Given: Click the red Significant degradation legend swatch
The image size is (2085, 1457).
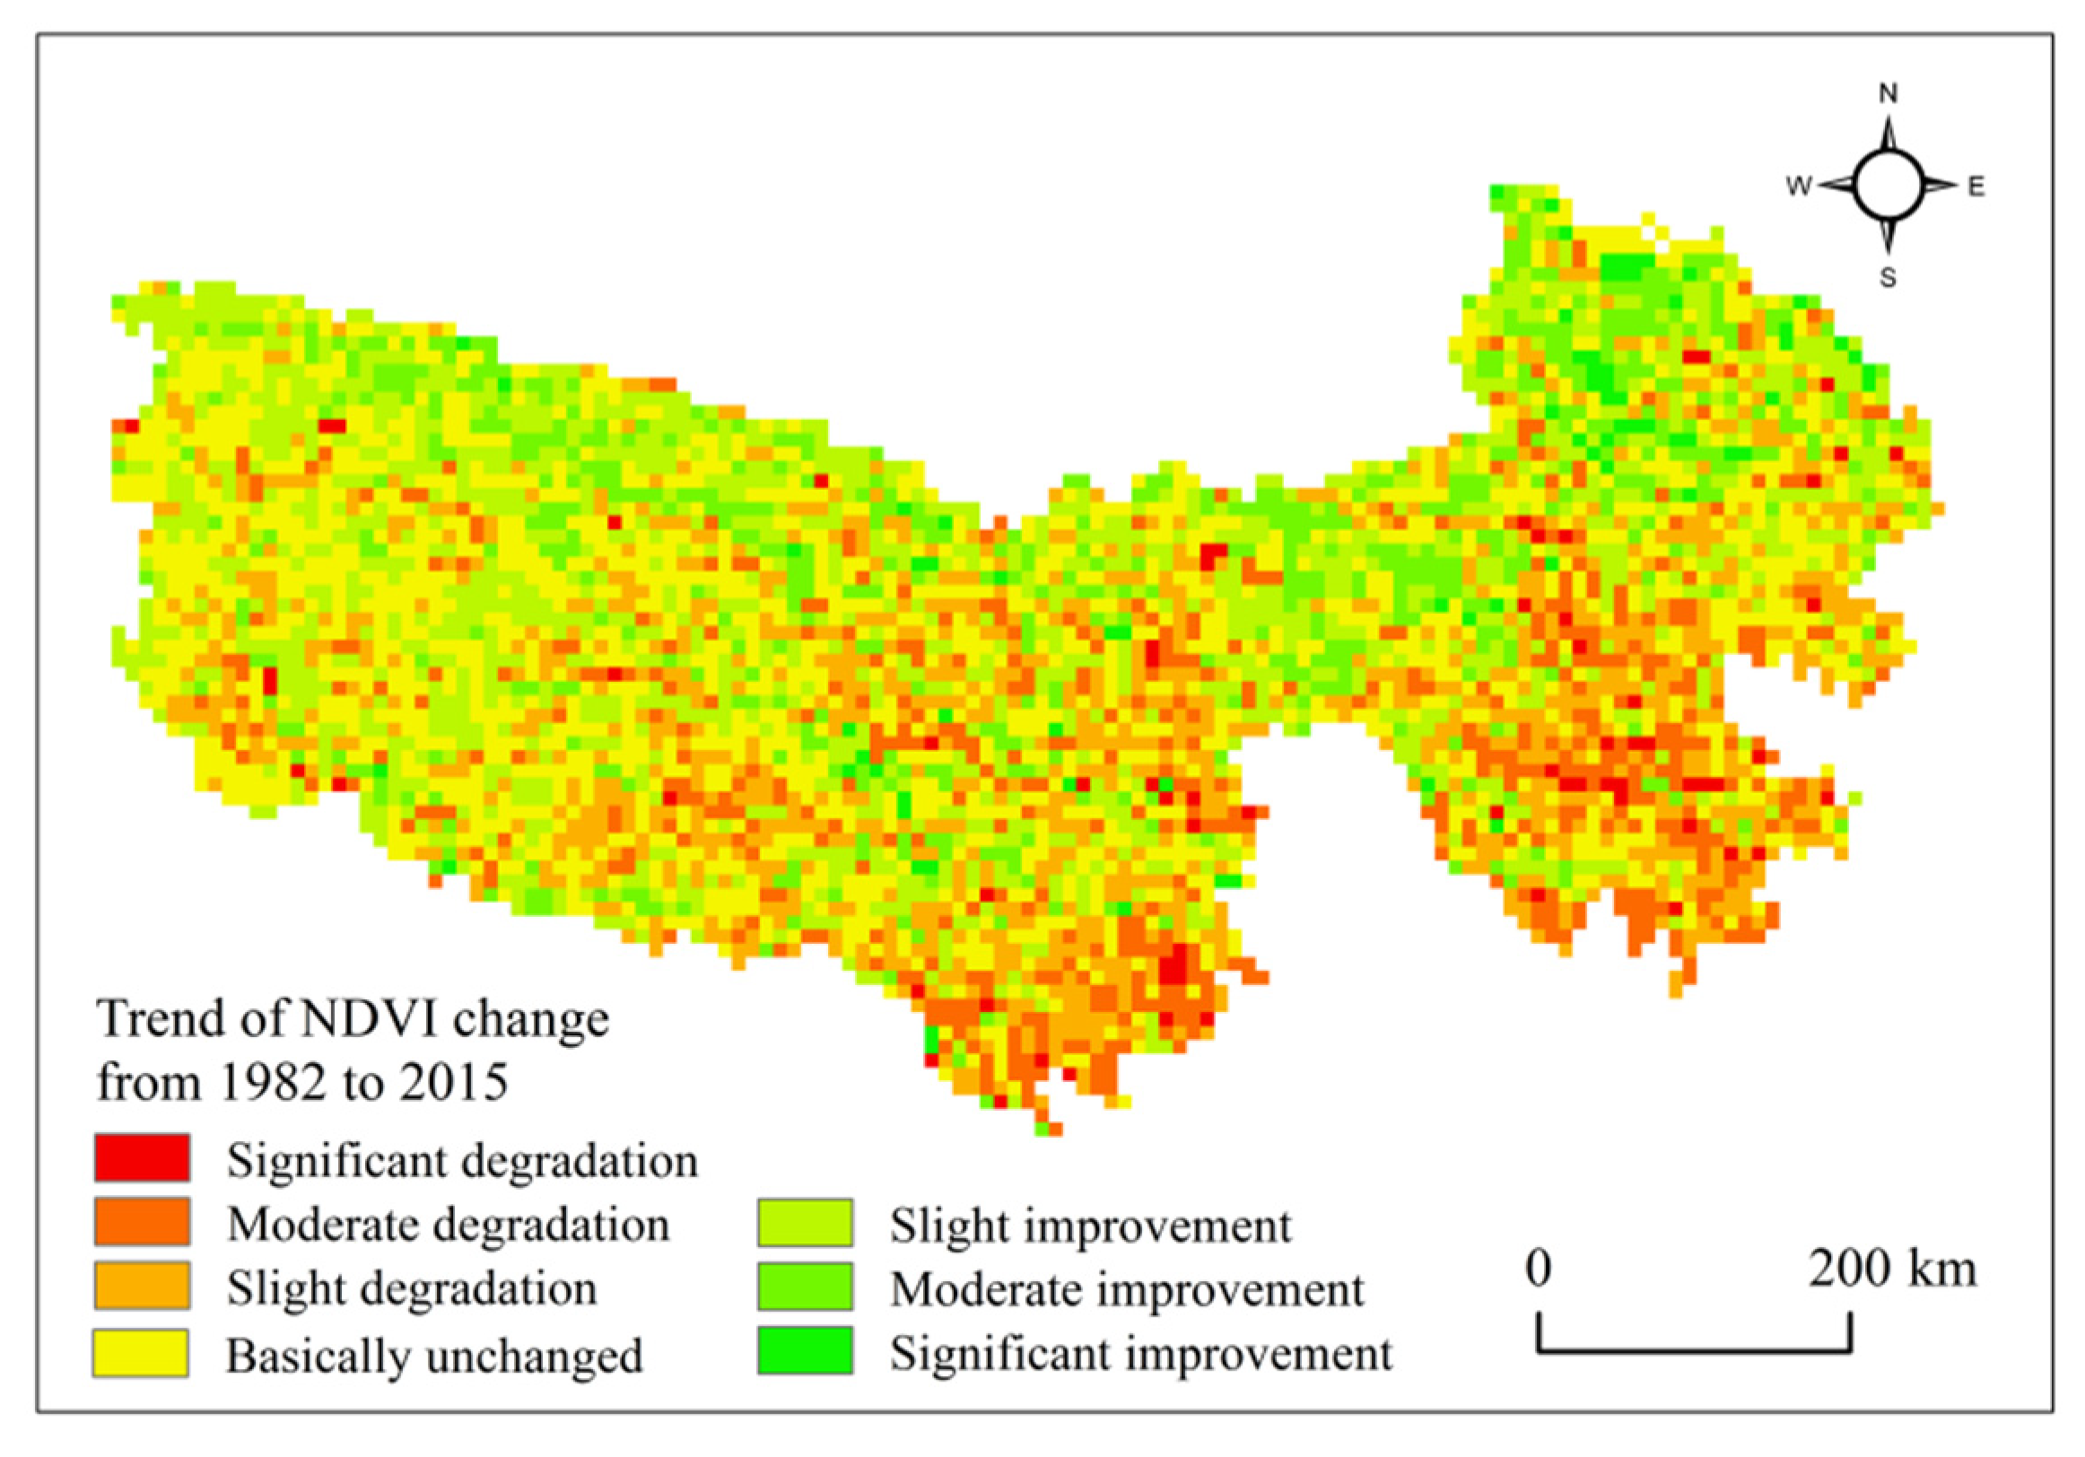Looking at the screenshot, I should [x=142, y=1157].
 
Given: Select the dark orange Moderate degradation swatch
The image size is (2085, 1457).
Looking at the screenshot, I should [x=142, y=1221].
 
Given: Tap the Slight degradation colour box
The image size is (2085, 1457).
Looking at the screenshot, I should [x=142, y=1286].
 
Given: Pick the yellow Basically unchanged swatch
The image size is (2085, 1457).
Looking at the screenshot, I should [x=141, y=1353].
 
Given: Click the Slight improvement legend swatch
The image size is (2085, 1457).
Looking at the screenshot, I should [x=805, y=1223].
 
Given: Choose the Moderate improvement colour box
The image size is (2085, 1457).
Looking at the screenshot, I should [x=805, y=1287].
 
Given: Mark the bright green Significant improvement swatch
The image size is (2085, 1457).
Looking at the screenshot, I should [x=805, y=1351].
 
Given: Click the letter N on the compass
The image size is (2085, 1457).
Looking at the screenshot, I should [x=1888, y=93].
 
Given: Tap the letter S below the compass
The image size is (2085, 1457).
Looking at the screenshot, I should [x=1888, y=278].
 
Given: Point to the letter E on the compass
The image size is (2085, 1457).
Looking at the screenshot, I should [x=1976, y=188].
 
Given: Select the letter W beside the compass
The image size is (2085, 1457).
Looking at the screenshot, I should [x=1798, y=187].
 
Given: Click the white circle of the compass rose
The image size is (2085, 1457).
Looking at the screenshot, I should [x=1888, y=186].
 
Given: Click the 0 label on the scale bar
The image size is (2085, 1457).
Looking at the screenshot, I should [x=1538, y=1268].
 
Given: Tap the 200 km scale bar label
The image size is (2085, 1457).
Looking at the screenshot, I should [x=1891, y=1268].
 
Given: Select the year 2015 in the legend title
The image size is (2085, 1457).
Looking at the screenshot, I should [x=454, y=1083].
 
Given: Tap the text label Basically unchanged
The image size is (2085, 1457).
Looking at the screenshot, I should [x=434, y=1357].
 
